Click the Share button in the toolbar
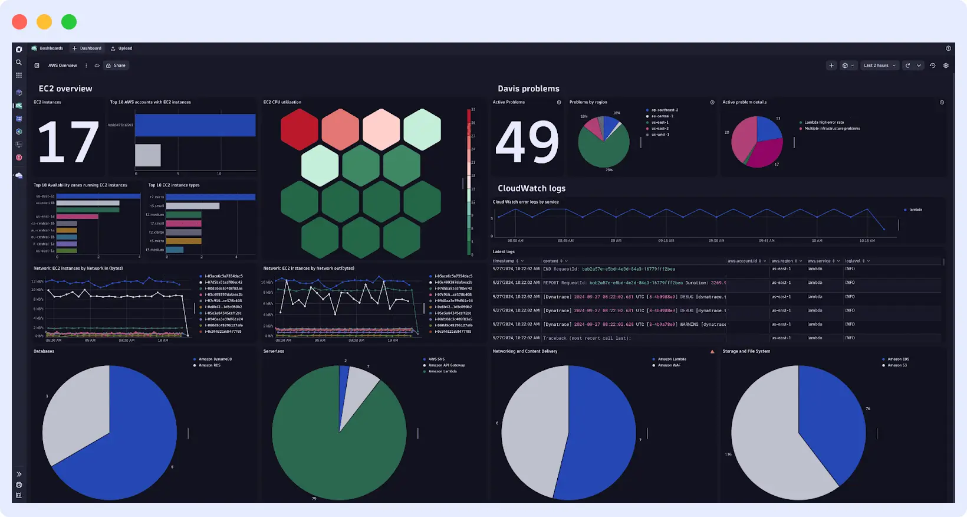coord(116,66)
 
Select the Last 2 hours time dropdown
coord(879,66)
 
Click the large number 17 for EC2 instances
coord(68,142)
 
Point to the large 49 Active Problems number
coord(527,142)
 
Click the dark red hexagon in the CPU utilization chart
coord(300,129)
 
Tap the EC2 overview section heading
coord(65,89)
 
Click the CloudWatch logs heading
coord(531,188)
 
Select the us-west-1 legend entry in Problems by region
coord(660,135)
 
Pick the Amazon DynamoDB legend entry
coord(215,359)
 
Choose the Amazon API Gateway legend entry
coord(446,365)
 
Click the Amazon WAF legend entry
coord(669,365)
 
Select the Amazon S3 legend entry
coord(897,365)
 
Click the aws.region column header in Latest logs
coord(782,261)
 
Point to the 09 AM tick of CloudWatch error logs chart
coord(616,240)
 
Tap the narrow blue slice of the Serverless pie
coord(343,390)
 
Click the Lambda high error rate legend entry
coord(824,122)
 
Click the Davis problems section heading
coord(528,89)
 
